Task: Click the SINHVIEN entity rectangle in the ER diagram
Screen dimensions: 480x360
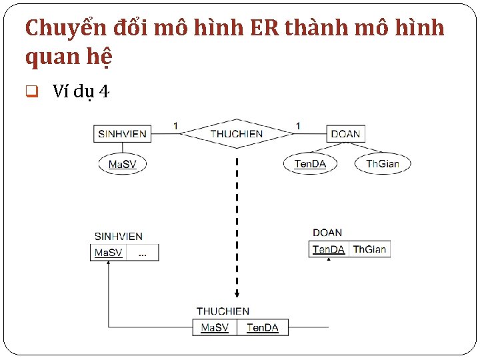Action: coord(122,133)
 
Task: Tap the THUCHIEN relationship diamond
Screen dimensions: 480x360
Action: coord(237,134)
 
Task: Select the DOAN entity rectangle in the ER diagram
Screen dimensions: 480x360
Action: coord(345,134)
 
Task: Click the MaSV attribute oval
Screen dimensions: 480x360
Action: coord(122,164)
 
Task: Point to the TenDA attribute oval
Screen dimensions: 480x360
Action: coord(311,164)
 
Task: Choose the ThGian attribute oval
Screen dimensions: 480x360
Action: coord(383,164)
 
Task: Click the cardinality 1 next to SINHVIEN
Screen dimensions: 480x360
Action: coord(175,125)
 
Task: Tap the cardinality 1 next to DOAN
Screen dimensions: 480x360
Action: coord(298,125)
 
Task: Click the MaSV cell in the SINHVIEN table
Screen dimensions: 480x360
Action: coord(108,253)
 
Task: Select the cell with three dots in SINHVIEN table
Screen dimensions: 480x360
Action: coord(143,253)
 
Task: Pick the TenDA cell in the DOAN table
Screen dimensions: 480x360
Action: coord(329,249)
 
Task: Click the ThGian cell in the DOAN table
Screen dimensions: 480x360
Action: coord(369,249)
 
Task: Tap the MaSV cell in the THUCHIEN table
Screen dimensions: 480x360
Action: coord(215,327)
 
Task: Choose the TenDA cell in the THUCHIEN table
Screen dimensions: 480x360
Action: coord(263,327)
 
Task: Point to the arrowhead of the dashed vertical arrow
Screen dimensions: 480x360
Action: coord(237,294)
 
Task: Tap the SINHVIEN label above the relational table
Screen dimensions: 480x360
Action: coord(118,237)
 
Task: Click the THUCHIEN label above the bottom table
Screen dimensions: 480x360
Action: coord(223,311)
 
